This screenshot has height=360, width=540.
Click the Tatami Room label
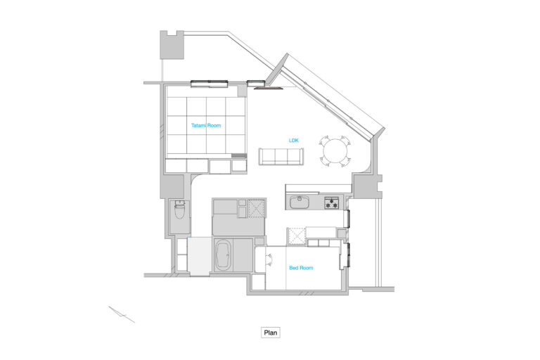pos(206,125)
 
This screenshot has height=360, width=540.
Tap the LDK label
pos(294,141)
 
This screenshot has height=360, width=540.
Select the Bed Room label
pos(301,268)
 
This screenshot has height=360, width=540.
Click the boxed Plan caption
pos(270,333)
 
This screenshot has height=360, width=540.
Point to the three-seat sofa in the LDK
pos(281,156)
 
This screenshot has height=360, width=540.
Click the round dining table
pos(335,151)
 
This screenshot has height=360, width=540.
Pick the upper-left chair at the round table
pos(325,141)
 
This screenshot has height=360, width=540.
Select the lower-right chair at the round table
pos(345,161)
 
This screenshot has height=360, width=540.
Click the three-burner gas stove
pos(332,202)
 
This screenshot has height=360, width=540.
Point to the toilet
pos(180,210)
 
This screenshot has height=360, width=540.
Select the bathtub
pos(223,255)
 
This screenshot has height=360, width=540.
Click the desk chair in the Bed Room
pos(269,258)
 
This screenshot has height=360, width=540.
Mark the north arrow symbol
pos(121,314)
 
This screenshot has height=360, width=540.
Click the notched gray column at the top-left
pos(172,45)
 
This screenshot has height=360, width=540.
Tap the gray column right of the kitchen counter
pos(367,186)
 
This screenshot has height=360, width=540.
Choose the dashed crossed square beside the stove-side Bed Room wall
pos(297,236)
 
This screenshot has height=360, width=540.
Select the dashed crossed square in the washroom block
pos(256,208)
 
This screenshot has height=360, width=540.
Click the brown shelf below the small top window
pos(269,87)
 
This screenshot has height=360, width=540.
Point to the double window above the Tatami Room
pos(210,84)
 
